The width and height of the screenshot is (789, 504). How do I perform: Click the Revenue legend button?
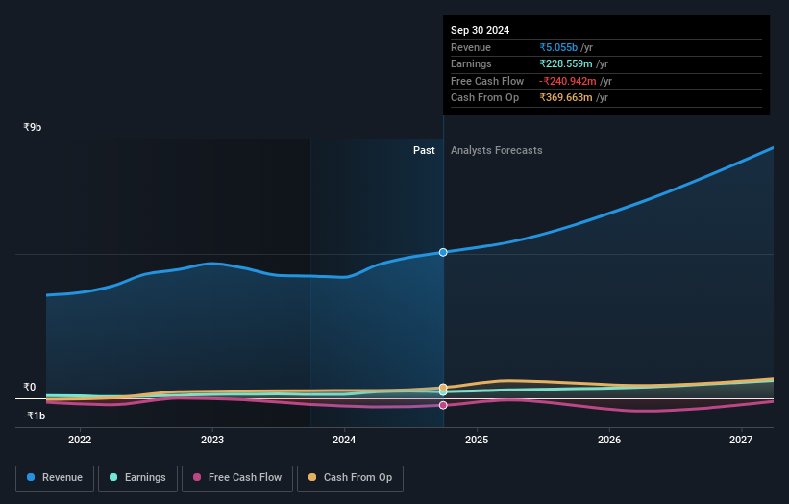click(55, 478)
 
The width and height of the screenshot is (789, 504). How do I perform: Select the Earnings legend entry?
click(137, 478)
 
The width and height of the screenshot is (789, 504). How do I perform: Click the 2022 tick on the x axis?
click(80, 441)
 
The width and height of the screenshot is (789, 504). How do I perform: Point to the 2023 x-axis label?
click(212, 441)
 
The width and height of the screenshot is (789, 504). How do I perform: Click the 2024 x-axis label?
click(344, 441)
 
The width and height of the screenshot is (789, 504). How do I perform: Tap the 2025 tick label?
click(477, 441)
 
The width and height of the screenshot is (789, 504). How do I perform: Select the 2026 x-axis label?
click(608, 441)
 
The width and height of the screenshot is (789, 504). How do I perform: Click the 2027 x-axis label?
click(741, 441)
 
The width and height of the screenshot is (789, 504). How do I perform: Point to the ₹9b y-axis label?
click(33, 127)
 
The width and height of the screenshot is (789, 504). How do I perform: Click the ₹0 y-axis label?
click(29, 388)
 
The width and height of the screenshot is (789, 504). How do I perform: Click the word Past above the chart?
click(424, 150)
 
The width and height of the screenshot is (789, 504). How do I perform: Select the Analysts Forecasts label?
click(496, 150)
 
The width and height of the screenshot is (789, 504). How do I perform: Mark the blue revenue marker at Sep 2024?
click(443, 252)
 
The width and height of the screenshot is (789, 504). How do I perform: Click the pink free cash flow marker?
click(443, 405)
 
